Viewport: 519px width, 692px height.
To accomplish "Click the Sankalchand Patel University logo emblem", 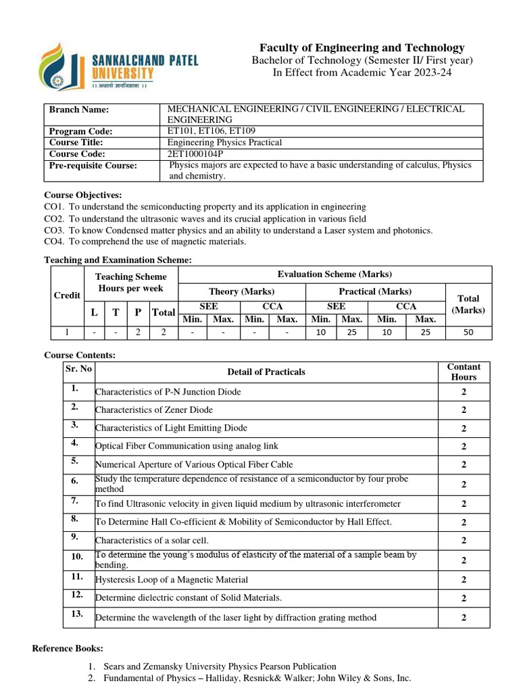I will click(x=62, y=66).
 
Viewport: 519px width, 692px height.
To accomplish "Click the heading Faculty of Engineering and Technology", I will click(x=362, y=47).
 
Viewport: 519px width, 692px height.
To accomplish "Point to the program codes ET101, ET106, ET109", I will click(x=212, y=131).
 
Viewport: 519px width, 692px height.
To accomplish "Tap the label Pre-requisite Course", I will click(x=93, y=166).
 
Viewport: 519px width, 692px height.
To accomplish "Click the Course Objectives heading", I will click(x=83, y=195).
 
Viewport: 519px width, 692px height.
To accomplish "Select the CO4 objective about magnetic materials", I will click(x=145, y=241).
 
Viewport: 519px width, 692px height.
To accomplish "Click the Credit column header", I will click(x=67, y=295).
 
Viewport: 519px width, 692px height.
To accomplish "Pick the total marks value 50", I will click(x=468, y=332).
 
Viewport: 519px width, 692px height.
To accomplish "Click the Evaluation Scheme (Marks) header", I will click(x=335, y=274).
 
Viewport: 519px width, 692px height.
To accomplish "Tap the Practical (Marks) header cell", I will click(x=375, y=291).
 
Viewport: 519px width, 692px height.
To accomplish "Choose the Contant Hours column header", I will click(x=464, y=372).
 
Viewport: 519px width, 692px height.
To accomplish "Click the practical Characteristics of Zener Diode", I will click(x=154, y=410).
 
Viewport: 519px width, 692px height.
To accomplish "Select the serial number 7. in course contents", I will click(x=74, y=501).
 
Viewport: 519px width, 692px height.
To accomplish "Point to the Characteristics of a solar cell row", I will click(x=152, y=541).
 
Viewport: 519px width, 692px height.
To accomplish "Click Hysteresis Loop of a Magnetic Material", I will click(x=172, y=580).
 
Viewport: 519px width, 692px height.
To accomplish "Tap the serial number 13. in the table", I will click(x=76, y=614).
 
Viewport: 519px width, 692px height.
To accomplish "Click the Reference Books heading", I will click(x=68, y=649).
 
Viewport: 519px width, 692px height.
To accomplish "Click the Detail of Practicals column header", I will click(x=266, y=372).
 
